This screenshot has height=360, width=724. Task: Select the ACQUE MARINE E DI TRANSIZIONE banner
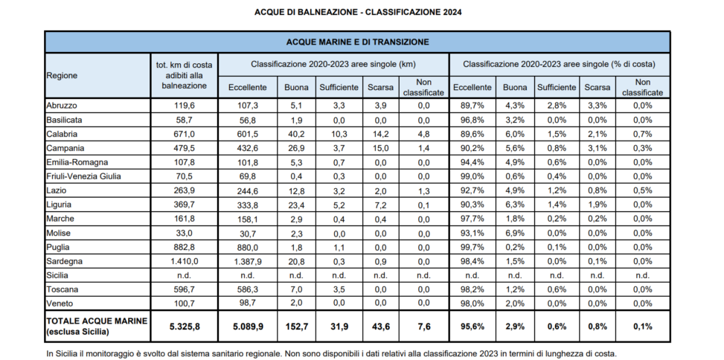click(x=357, y=42)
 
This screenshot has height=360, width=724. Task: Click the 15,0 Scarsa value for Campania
click(x=380, y=148)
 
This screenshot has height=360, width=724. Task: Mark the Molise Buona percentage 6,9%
click(x=515, y=233)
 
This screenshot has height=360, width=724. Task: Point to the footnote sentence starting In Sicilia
click(x=331, y=353)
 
